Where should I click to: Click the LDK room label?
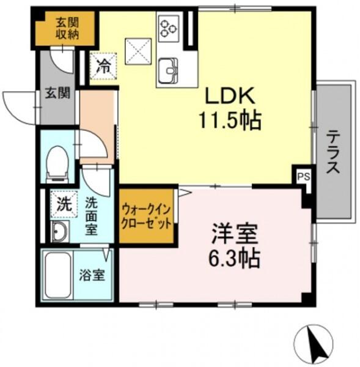point(230,95)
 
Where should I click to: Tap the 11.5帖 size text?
point(230,120)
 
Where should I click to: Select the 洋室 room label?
point(235,234)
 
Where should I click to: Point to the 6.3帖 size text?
point(234,259)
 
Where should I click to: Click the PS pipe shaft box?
point(304,177)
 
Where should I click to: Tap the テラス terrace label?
point(333,152)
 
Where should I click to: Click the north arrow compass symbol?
point(314,343)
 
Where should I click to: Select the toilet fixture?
point(57,164)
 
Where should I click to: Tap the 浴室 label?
point(92,275)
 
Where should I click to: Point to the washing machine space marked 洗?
point(64,204)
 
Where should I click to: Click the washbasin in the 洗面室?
point(60,232)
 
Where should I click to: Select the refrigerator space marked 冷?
point(103,66)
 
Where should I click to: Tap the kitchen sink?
point(168,70)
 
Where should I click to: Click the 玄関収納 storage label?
point(67,28)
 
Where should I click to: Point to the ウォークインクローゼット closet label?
point(146,217)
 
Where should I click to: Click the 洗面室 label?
point(91,217)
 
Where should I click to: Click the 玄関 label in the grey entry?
point(57,93)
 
